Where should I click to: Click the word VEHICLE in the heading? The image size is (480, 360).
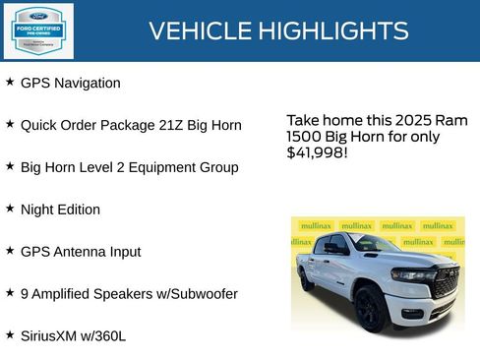click(x=200, y=30)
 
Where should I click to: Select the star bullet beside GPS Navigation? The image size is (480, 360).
click(x=10, y=83)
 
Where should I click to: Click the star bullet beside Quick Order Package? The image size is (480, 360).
click(x=10, y=125)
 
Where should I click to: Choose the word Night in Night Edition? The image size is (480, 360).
click(x=36, y=210)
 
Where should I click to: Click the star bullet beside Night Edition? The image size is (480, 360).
click(x=10, y=209)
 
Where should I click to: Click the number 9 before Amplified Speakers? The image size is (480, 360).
click(x=25, y=293)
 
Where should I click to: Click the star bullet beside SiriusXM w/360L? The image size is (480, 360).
click(x=10, y=334)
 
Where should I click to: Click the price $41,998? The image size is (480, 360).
click(x=317, y=152)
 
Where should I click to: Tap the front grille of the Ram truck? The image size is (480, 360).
click(x=444, y=283)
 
